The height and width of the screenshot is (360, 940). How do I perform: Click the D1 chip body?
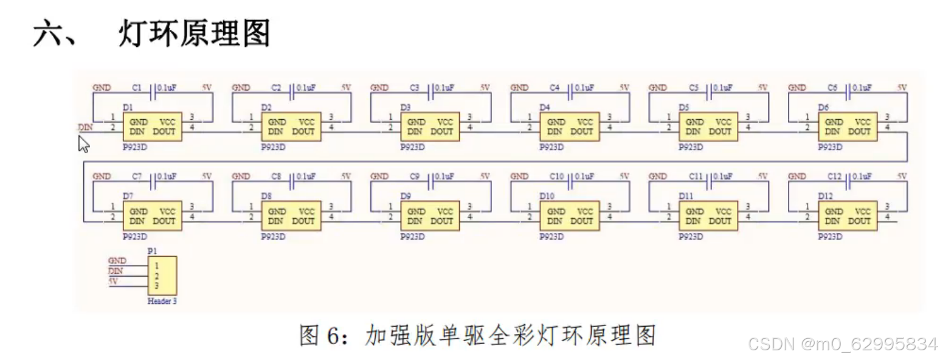click(153, 126)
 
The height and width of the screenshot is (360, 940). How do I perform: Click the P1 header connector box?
click(162, 276)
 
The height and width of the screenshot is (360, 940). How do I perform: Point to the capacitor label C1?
click(137, 88)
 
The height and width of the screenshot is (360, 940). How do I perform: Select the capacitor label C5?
click(694, 88)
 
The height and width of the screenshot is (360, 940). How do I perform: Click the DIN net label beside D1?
click(85, 128)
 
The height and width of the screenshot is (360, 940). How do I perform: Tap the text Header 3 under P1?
click(162, 301)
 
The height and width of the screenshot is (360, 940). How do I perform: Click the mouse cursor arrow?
click(83, 144)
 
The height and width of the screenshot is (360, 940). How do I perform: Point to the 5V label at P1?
click(113, 282)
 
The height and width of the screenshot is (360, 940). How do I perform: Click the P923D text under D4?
click(551, 147)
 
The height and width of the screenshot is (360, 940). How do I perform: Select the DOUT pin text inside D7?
click(164, 221)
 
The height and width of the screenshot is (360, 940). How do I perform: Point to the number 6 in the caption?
click(350, 335)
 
